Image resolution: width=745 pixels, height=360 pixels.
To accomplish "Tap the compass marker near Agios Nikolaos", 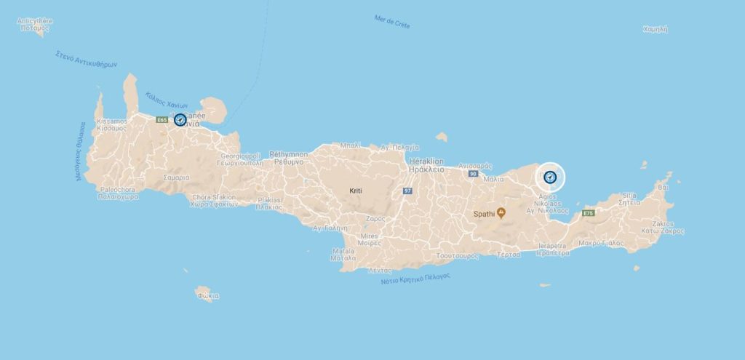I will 551,176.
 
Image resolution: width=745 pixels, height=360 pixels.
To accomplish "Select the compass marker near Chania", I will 180,120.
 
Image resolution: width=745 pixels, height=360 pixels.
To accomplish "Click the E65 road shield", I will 162,120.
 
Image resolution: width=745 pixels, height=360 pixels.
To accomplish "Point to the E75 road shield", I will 589,213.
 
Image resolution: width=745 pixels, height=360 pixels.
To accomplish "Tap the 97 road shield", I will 407,191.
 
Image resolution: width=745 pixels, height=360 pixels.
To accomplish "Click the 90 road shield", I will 473,175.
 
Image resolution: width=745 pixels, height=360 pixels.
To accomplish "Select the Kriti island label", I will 354,191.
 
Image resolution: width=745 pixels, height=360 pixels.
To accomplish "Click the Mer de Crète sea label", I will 391,22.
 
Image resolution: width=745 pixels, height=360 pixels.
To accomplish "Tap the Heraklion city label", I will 427,164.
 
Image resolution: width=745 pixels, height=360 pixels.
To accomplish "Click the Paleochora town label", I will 119,193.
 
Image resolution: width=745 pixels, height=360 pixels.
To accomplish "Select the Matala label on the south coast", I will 343,254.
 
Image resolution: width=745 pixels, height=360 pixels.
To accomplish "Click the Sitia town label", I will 629,199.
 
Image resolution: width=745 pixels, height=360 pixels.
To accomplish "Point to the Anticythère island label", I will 35,25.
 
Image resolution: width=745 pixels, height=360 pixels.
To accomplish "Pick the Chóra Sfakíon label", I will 215,200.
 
